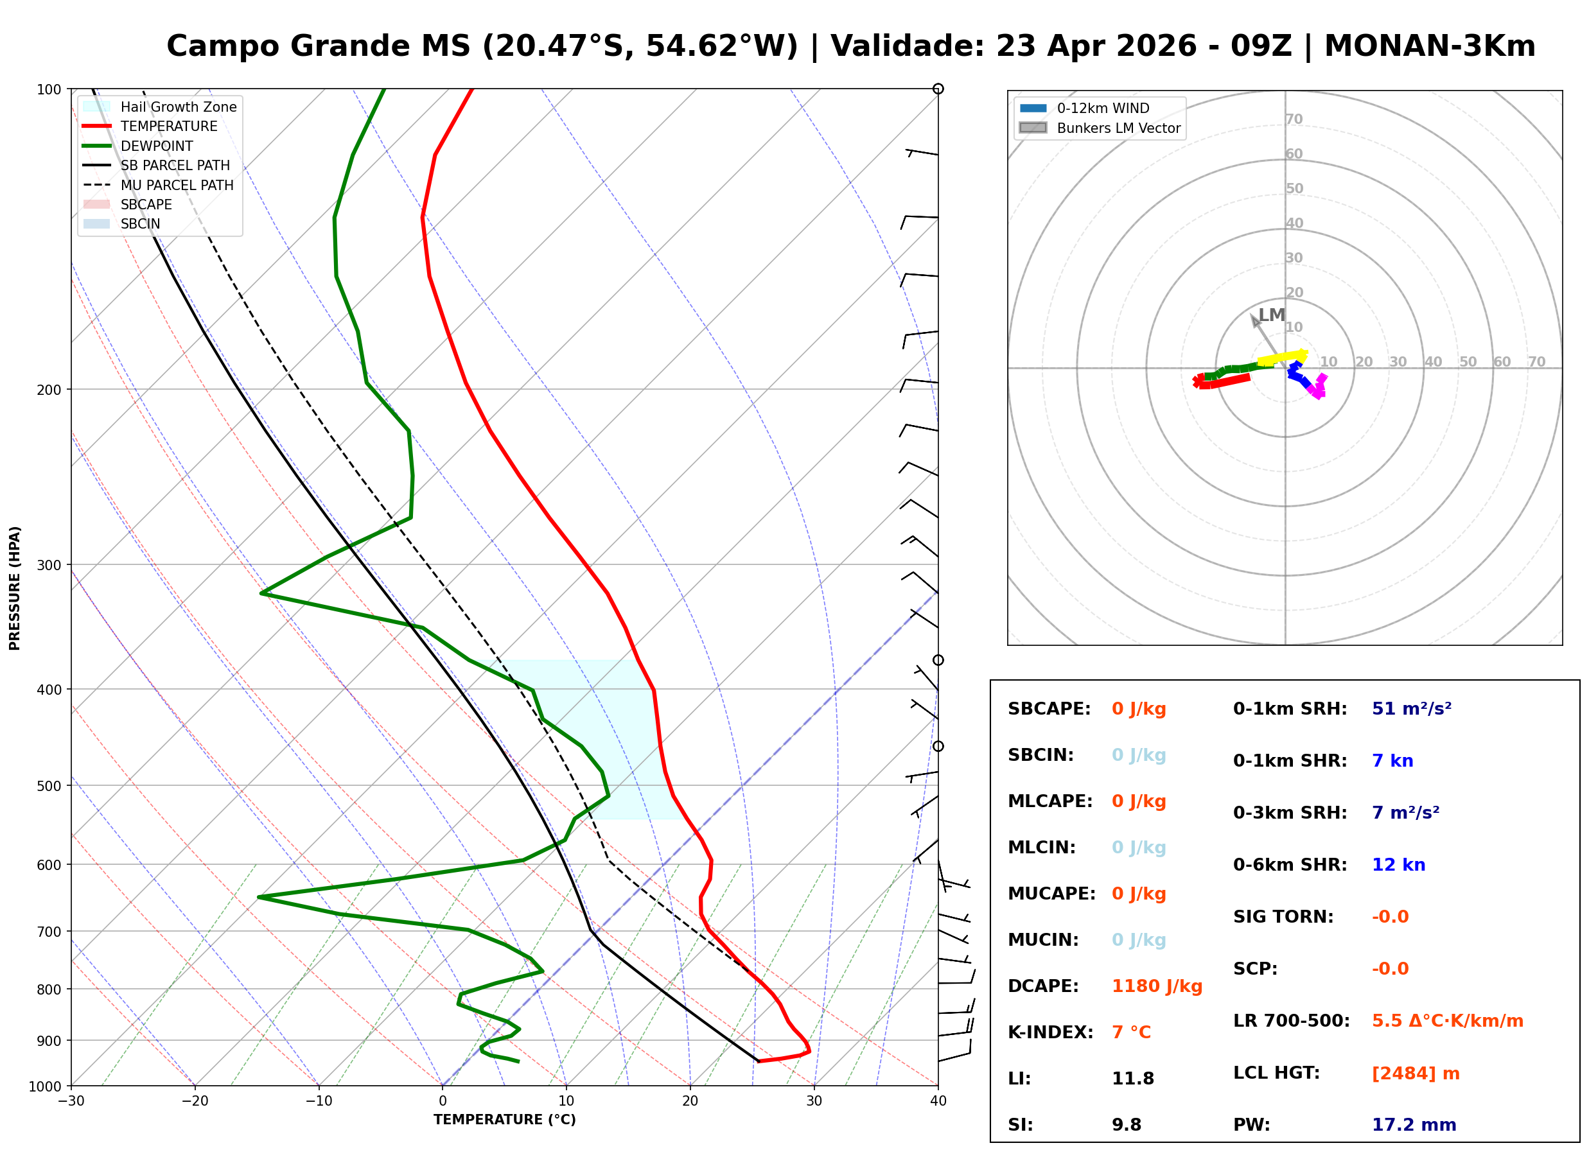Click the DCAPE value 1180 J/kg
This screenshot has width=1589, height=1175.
[1157, 986]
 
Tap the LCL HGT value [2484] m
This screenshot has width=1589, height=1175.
[1416, 1074]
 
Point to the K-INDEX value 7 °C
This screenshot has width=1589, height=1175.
[1131, 1032]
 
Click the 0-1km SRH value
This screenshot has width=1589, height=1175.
[1411, 709]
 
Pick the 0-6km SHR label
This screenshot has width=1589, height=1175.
[1290, 865]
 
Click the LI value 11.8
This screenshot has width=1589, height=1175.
[1132, 1079]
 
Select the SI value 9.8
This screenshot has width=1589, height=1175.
[1126, 1125]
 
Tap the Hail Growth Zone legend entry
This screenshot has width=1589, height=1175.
[178, 107]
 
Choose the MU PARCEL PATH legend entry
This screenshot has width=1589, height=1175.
[177, 185]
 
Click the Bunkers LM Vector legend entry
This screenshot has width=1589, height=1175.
[1118, 128]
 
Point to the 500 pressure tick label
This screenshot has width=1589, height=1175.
[48, 786]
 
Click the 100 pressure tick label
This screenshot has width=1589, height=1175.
[48, 90]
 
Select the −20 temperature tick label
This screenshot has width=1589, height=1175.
[194, 1101]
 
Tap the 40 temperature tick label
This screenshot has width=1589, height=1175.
[938, 1101]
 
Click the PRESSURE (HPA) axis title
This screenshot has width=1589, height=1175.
[15, 587]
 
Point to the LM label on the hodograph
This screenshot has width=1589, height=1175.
[1271, 315]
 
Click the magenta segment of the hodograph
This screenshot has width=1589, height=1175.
[1317, 388]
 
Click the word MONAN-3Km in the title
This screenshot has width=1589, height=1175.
[1429, 46]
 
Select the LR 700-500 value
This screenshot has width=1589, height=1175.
[1447, 1022]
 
